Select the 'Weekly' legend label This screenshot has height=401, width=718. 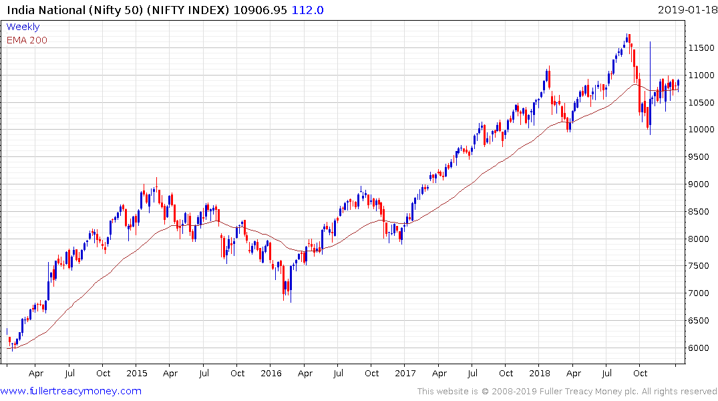click(23, 27)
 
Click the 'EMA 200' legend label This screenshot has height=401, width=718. click(27, 40)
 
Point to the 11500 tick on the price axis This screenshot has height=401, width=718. click(702, 48)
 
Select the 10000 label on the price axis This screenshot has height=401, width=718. click(702, 130)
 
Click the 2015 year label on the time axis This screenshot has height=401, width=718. click(136, 374)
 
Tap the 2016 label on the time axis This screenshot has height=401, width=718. click(271, 374)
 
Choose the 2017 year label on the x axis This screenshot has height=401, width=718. click(405, 374)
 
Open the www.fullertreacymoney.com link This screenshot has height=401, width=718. click(71, 391)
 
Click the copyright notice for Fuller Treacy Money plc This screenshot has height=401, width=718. click(567, 392)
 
